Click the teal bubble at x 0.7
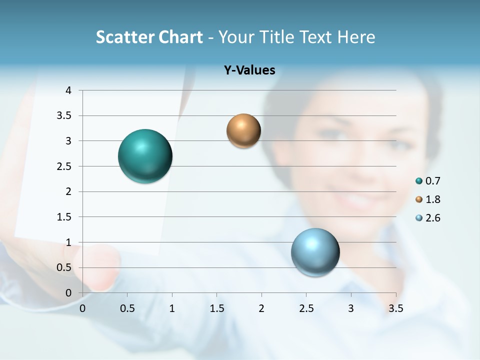(x=145, y=156)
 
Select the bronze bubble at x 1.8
(x=243, y=130)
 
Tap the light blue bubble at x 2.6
(x=315, y=252)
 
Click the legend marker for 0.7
(x=419, y=181)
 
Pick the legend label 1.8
(x=433, y=199)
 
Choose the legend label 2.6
(x=433, y=218)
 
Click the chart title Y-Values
(x=249, y=70)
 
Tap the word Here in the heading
(x=355, y=37)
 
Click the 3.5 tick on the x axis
(x=396, y=308)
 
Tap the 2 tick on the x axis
(x=261, y=308)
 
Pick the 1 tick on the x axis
(x=172, y=308)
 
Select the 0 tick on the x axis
(x=82, y=308)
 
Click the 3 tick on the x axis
(x=351, y=308)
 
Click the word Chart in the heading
(x=181, y=37)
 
